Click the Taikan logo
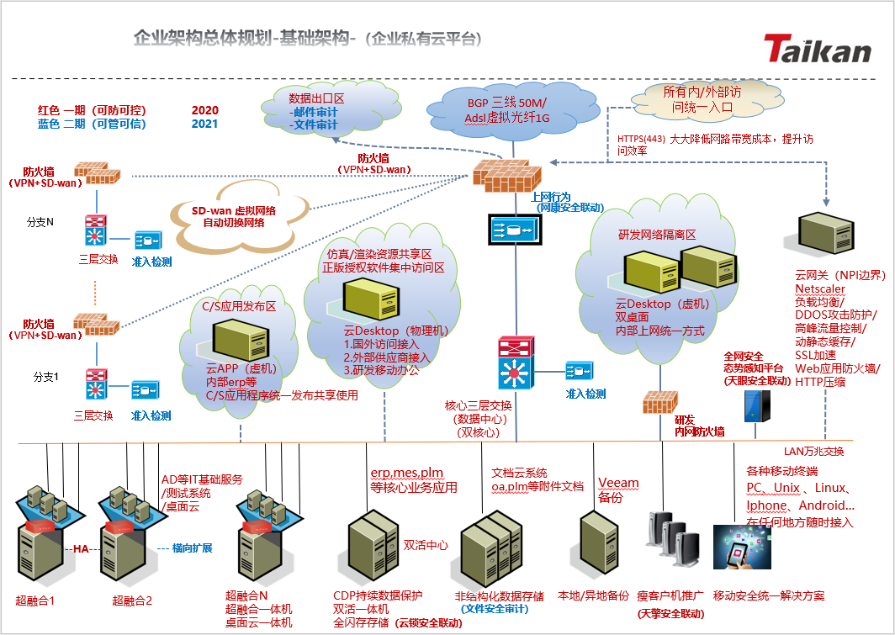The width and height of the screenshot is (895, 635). point(818,49)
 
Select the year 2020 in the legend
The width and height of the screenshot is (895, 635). point(204,110)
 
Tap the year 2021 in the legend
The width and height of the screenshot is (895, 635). point(204,124)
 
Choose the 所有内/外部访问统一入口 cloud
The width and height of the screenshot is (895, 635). point(703,99)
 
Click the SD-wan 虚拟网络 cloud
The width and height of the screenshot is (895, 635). point(239,216)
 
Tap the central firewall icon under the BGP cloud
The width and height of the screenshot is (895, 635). point(506,173)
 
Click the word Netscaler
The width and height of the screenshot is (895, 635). point(819,288)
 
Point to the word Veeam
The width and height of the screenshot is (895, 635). point(618,483)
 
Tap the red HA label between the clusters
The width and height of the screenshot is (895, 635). point(81,549)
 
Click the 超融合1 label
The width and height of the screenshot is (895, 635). point(35,601)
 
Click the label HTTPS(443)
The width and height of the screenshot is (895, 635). point(640,139)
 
